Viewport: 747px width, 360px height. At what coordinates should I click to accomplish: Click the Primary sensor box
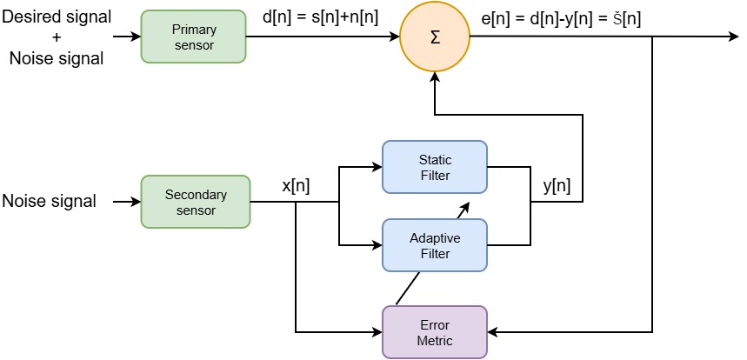tap(194, 37)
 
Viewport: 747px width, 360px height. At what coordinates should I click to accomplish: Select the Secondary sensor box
tap(195, 202)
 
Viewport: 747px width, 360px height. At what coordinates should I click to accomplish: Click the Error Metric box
tap(435, 331)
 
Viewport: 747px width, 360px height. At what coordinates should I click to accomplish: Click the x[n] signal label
tap(297, 185)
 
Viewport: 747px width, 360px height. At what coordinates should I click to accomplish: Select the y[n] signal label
tap(556, 185)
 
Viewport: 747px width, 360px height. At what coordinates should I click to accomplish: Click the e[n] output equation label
tap(561, 16)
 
